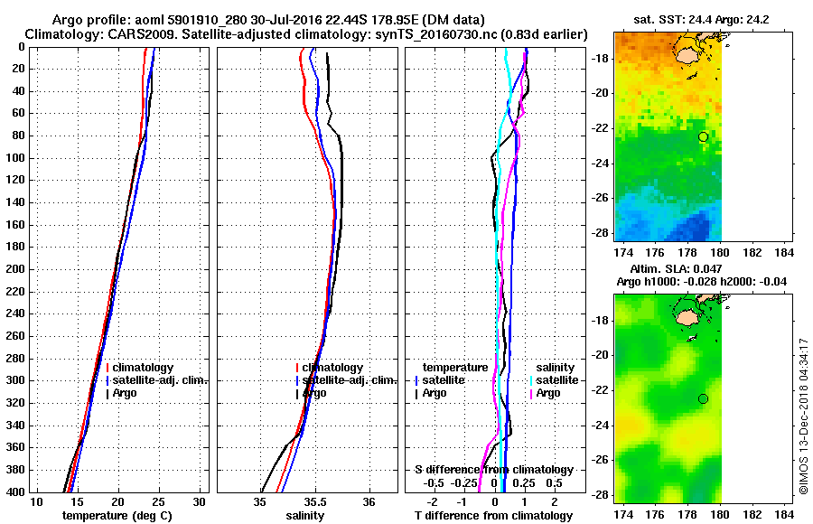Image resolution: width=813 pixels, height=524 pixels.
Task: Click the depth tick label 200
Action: [14, 269]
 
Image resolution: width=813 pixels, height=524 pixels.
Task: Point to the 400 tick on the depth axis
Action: [14, 491]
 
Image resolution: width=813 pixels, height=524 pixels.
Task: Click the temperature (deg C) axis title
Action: [117, 516]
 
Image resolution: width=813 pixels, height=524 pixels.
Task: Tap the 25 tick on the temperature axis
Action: [159, 502]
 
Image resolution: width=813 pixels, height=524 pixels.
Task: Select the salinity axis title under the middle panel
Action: [305, 516]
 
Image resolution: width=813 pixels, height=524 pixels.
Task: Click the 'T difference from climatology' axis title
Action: [493, 516]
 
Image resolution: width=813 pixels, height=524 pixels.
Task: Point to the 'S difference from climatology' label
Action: [493, 470]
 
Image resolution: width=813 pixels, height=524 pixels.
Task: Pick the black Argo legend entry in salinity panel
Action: [315, 393]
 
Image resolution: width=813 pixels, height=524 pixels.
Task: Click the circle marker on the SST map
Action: [703, 136]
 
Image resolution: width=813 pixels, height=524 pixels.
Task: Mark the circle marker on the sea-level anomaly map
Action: [703, 398]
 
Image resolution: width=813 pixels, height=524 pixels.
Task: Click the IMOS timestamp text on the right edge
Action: [803, 416]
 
